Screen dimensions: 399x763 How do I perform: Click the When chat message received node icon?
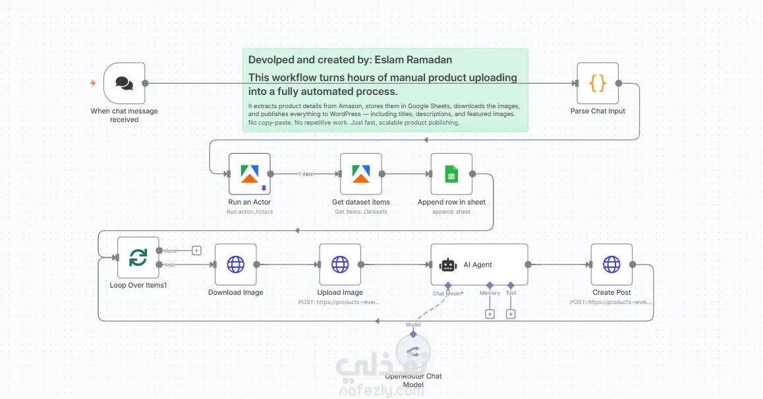coord(124,83)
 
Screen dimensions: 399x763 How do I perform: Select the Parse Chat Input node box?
coord(598,83)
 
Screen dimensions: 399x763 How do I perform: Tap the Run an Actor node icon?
coord(249,174)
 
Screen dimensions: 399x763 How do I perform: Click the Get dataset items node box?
coord(361,174)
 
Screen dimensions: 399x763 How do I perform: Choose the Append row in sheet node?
coord(451,174)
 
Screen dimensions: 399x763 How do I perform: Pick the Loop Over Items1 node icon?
coord(138,257)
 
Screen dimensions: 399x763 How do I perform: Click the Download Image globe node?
coord(235,264)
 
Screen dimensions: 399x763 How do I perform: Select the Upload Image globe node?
coord(340,264)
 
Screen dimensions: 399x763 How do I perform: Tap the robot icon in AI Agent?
coord(448,265)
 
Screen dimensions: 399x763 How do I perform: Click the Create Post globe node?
coord(611,264)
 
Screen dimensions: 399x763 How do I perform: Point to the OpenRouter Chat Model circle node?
coord(413,351)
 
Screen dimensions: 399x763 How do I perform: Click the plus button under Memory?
coord(490,314)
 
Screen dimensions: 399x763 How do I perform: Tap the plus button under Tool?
coord(511,314)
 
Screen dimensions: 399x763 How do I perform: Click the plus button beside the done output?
coord(196,251)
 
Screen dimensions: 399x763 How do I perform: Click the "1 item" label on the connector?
coord(306,174)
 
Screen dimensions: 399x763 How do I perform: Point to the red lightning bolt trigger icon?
coord(93,83)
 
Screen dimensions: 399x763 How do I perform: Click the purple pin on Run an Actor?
coord(264,188)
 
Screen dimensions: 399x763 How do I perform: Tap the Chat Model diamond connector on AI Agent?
coord(448,286)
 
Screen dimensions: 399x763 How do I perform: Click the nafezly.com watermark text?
coord(381,391)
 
